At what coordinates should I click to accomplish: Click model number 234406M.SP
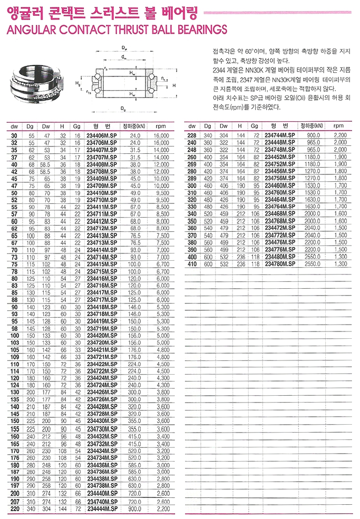pos(102,135)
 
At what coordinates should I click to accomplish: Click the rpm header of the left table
pos(161,126)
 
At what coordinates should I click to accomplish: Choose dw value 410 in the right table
pos(192,263)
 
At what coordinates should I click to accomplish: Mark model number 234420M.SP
pos(102,335)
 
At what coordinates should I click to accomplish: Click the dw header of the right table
pos(192,126)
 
